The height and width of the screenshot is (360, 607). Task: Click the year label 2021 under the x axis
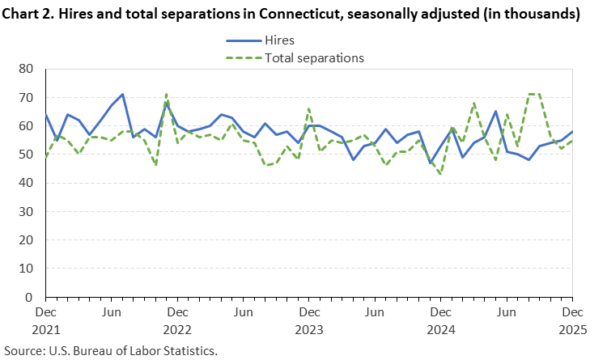coord(46,330)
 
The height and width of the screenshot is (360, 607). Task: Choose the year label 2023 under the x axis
coord(309,330)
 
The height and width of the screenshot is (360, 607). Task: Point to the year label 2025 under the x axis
coord(572,330)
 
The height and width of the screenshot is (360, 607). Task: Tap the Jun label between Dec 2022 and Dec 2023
coord(243,311)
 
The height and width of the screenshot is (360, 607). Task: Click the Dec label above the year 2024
coord(440,311)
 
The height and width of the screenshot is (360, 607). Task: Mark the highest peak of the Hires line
coord(122,95)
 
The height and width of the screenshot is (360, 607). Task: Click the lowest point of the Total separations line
coord(440,174)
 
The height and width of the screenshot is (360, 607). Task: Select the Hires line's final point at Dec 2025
coord(572,132)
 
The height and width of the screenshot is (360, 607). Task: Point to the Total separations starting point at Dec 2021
coord(46,158)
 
